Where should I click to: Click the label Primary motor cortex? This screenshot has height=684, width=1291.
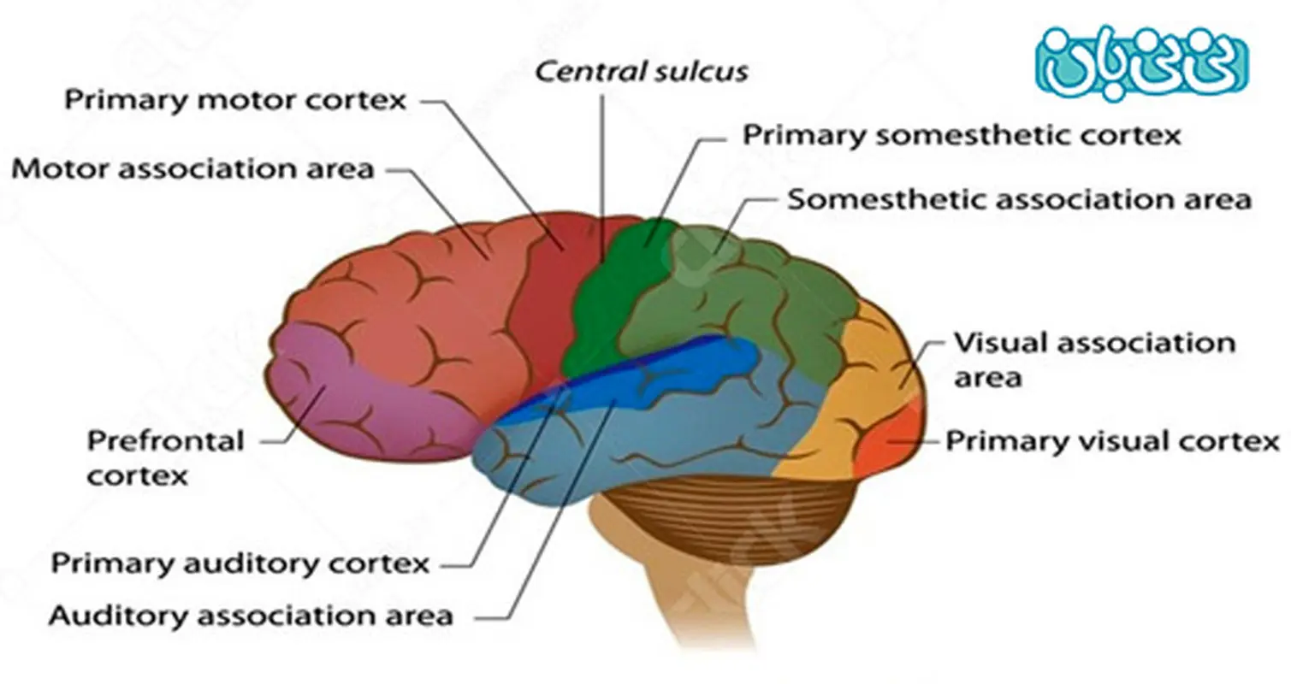pos(235,99)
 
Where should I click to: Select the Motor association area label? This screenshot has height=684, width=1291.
pos(193,168)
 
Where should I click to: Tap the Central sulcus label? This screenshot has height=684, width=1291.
pos(641,71)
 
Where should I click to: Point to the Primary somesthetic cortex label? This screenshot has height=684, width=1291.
pos(961,134)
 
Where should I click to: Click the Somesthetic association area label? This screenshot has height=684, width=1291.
pos(1019,199)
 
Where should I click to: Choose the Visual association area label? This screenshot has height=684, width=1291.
pos(1093,358)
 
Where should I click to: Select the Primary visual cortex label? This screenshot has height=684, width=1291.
pos(1111,441)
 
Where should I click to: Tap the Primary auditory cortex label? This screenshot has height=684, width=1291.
pos(240,563)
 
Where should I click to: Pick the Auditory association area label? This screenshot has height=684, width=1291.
pos(251,615)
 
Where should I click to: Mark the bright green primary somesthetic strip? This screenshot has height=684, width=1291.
pos(612,291)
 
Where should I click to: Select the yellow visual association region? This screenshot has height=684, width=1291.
pos(847,402)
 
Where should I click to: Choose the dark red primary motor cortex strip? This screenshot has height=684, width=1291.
pos(548,291)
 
